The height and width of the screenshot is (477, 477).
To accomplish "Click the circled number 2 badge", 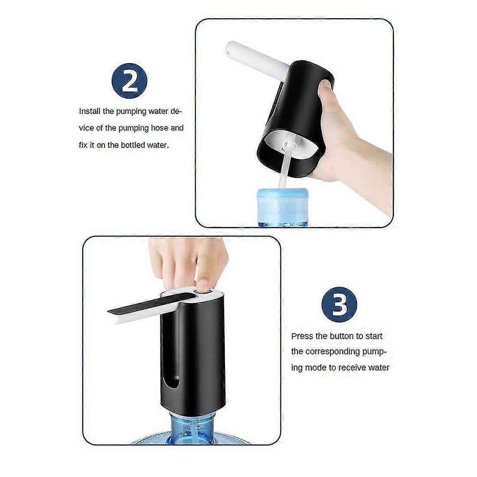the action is pos(130,81).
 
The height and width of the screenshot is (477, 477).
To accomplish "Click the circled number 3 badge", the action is pos(339,304).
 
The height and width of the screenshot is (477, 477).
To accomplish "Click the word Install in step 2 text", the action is pos(89,111).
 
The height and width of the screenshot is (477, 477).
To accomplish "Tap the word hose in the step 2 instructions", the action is pos(160,128).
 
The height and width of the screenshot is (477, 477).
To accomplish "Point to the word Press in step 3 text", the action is pos(302,336).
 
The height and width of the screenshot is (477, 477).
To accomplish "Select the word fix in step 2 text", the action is pos(83,145).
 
